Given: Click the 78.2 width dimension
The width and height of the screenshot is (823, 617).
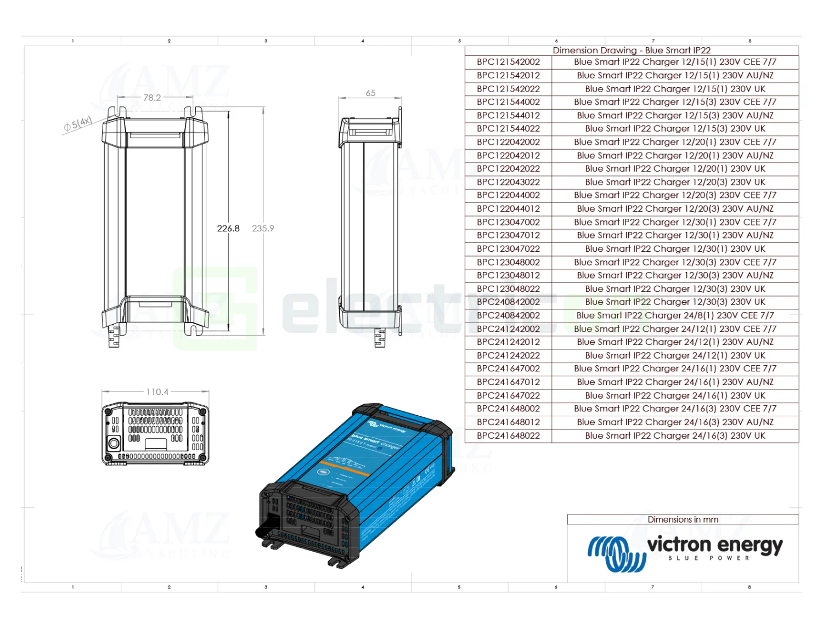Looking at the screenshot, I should [x=152, y=98].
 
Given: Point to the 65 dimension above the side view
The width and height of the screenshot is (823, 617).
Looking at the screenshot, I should [x=371, y=93].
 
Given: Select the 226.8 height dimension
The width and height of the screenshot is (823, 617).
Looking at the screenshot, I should [x=228, y=228].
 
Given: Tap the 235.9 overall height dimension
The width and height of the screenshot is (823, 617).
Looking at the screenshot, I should [x=263, y=228].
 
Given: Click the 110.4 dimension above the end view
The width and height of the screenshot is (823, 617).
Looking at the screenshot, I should [x=157, y=392].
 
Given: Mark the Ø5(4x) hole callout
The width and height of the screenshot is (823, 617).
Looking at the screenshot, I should [x=78, y=124].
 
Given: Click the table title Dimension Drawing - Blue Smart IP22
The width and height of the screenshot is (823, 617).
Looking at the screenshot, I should [x=632, y=50].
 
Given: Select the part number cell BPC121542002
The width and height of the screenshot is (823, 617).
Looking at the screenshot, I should [x=508, y=62].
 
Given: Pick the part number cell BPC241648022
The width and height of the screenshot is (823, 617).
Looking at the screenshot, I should [x=508, y=435].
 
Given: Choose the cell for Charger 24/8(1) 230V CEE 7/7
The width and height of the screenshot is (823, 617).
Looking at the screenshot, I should [x=675, y=315].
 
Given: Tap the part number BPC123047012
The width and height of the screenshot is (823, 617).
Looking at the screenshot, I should [x=508, y=235].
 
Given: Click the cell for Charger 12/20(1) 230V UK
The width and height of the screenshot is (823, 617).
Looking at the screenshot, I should [x=675, y=168].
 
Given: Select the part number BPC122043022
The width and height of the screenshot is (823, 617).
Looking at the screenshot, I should [x=508, y=182].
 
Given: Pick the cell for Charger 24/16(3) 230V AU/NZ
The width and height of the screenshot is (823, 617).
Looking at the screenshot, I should [x=675, y=422].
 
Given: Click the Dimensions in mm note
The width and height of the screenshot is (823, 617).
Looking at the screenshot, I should [x=683, y=519].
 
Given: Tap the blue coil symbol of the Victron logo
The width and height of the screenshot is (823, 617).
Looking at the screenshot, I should [x=616, y=553].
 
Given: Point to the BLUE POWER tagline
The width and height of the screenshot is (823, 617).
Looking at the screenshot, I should [x=708, y=558].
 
